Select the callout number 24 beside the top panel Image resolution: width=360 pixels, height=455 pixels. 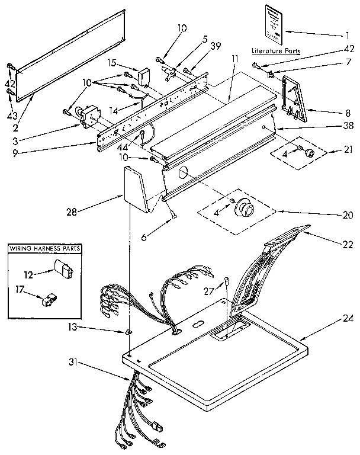click(346, 318)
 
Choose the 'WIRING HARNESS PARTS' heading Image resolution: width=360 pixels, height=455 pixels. click(45, 248)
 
